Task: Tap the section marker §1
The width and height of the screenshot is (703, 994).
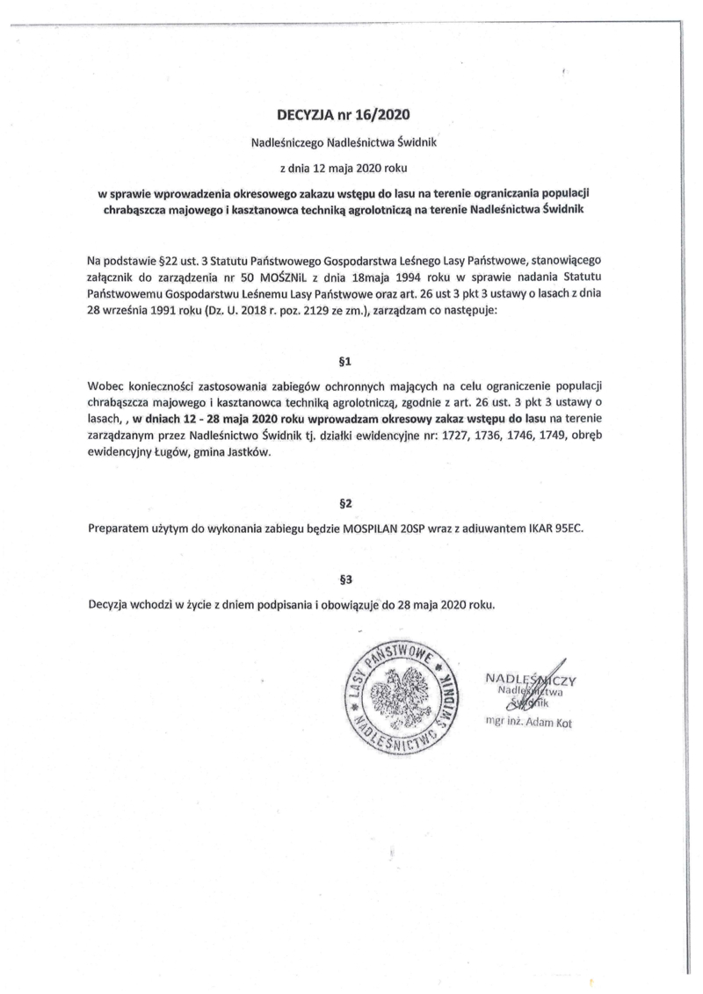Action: (x=344, y=360)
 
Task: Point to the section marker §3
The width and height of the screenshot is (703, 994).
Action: (x=344, y=579)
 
